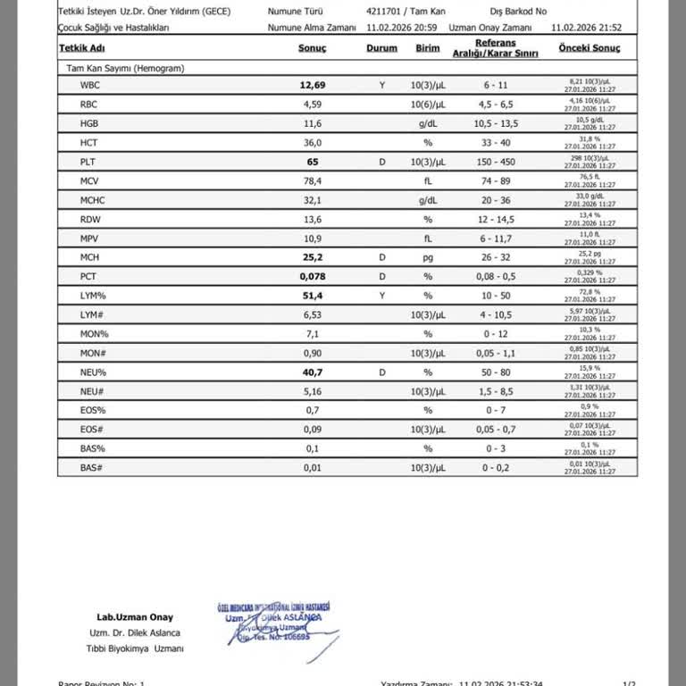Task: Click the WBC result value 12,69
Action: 312,86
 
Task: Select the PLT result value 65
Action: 312,162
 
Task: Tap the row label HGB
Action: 88,123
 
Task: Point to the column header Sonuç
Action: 312,48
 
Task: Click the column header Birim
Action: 428,48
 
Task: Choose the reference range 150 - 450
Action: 496,162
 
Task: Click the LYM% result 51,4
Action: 312,295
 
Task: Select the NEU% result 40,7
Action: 312,372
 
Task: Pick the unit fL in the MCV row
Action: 428,180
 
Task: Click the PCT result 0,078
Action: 312,276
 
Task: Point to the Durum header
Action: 381,48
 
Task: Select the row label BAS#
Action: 90,467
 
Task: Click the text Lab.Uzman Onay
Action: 135,617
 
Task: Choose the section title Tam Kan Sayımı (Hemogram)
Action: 125,68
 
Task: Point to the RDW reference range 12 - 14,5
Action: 496,219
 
